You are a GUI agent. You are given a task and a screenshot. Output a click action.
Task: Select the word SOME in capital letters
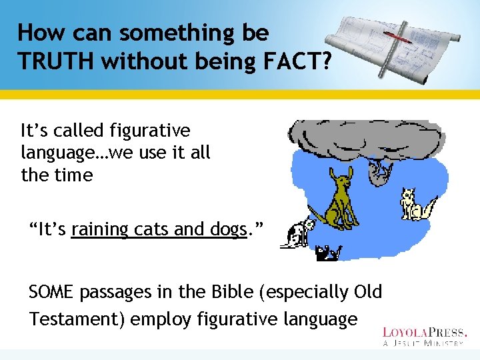pos(53,292)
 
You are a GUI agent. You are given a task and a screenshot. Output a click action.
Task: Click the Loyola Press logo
pos(425,336)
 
